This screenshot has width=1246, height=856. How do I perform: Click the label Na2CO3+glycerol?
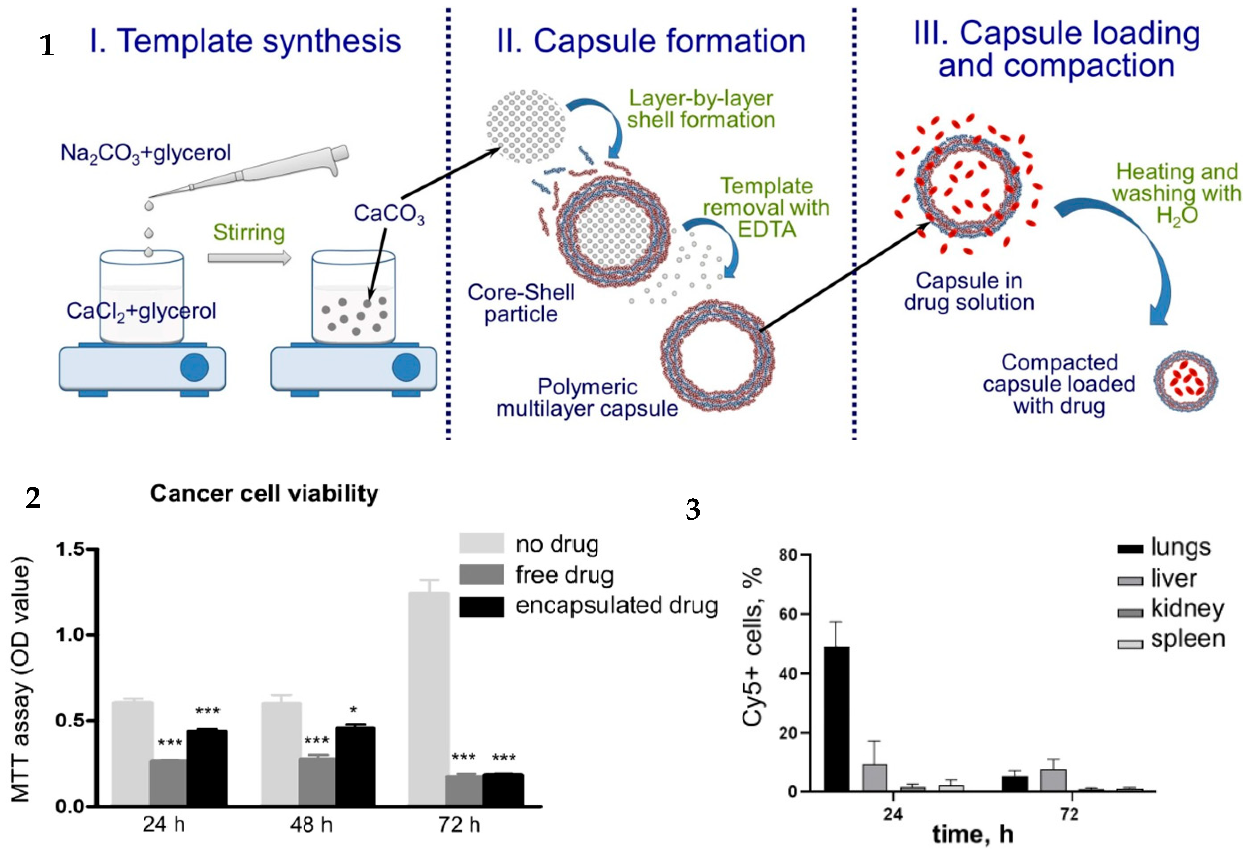pyautogui.click(x=145, y=153)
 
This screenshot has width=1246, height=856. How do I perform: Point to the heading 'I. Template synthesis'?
pyautogui.click(x=245, y=41)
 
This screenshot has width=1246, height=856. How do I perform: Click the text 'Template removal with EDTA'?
pyautogui.click(x=766, y=207)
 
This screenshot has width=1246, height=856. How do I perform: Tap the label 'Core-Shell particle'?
pyautogui.click(x=521, y=303)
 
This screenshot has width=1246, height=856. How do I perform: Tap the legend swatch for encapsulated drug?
pyautogui.click(x=481, y=607)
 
